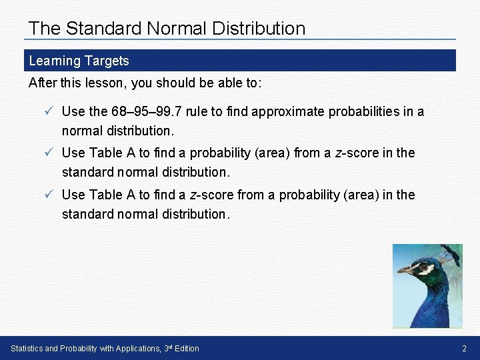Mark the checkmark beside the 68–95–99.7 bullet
pyautogui.click(x=41, y=111)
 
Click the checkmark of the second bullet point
pyautogui.click(x=41, y=153)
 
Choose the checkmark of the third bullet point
pyautogui.click(x=41, y=195)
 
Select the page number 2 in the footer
pyautogui.click(x=465, y=349)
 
